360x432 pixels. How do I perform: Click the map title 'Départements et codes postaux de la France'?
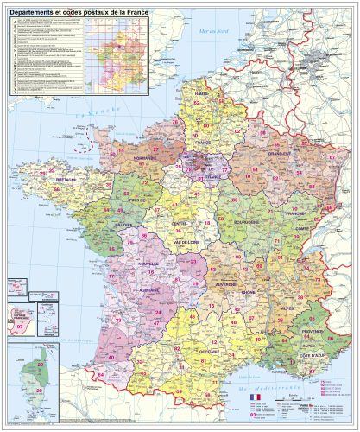coord(78,10)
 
